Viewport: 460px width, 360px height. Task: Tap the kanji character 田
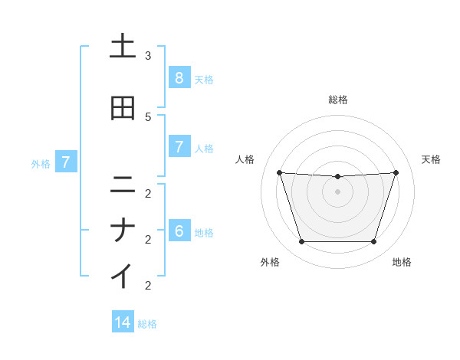(123, 109)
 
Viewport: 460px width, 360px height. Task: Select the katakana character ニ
(123, 184)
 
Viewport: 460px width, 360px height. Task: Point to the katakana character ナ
(123, 231)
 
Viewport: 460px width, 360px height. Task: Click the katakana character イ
(123, 276)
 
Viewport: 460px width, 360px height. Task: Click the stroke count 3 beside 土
(148, 56)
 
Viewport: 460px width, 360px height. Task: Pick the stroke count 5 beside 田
(148, 116)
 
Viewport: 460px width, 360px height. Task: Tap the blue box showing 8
(179, 77)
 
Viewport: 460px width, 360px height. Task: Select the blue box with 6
(179, 231)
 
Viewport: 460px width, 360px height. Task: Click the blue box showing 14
(123, 322)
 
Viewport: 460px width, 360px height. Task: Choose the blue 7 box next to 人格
(179, 147)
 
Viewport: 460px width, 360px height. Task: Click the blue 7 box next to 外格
(66, 162)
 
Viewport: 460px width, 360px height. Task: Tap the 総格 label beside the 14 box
(147, 324)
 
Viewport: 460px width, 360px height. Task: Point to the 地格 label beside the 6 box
(204, 233)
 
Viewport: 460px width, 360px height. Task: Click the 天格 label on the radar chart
(431, 159)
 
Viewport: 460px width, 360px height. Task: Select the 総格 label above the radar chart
(338, 100)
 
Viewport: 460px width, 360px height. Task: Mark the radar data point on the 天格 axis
(396, 172)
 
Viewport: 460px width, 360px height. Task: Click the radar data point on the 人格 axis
(280, 172)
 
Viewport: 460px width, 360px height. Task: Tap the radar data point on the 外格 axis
(301, 241)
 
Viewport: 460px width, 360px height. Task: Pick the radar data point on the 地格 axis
(373, 241)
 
